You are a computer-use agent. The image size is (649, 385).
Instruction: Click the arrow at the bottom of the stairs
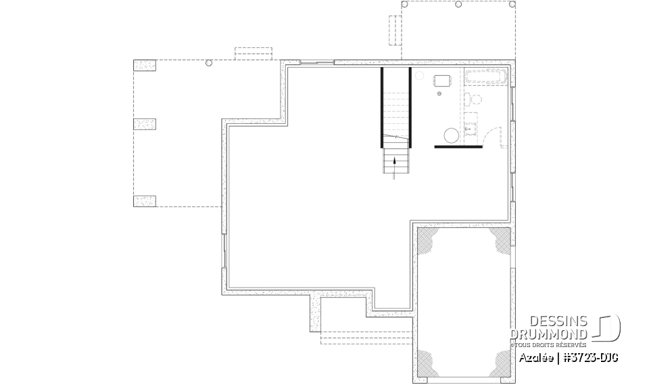[395, 165]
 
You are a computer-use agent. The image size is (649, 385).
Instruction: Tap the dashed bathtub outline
[485, 76]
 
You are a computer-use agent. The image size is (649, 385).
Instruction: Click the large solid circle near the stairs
[451, 135]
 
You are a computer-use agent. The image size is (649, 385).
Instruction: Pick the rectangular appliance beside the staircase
[443, 81]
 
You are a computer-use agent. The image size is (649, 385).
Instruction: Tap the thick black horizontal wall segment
[458, 145]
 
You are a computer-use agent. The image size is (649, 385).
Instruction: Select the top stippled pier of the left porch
[144, 66]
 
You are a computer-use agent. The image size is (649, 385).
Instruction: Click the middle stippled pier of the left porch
[144, 124]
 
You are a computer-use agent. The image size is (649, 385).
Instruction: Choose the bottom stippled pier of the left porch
[144, 201]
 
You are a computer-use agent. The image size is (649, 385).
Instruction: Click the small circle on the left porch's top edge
[208, 62]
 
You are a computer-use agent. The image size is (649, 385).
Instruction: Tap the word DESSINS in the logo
[558, 322]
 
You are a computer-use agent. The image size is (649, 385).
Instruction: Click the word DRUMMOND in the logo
[549, 334]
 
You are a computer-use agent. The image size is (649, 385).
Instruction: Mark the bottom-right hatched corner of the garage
[501, 363]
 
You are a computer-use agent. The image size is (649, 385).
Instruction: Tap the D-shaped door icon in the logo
[608, 328]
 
